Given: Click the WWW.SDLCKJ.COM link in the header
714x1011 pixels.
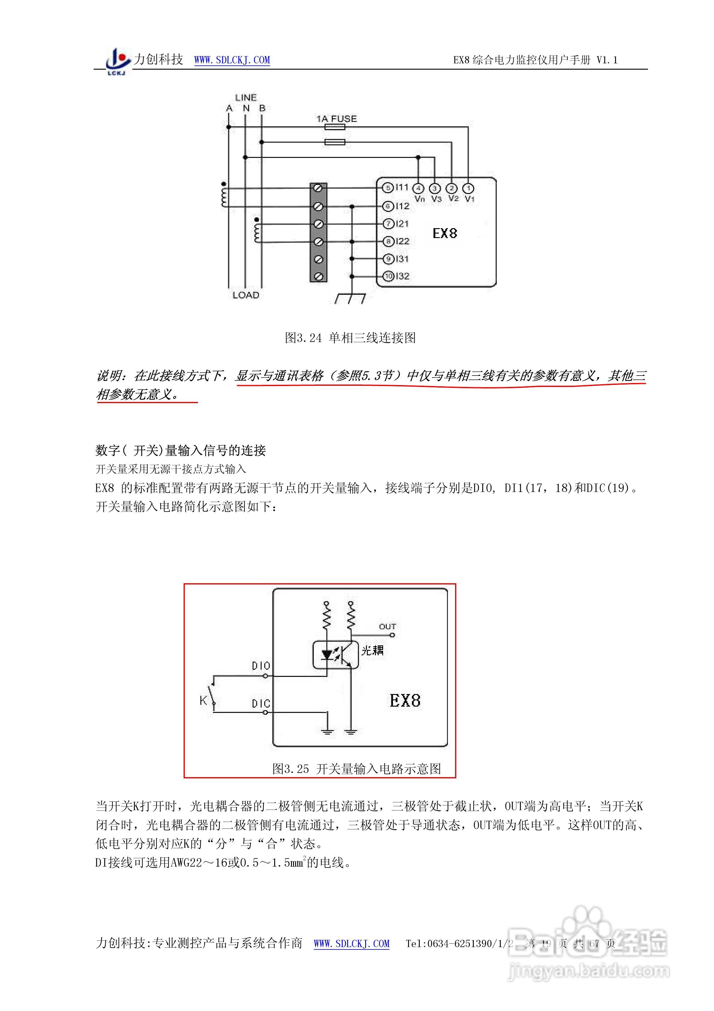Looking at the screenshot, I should [x=232, y=60].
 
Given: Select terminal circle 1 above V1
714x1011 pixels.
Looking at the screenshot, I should [x=468, y=189].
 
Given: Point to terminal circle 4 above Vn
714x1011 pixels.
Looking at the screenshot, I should [x=418, y=189].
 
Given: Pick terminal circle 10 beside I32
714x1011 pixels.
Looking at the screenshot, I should [x=388, y=276].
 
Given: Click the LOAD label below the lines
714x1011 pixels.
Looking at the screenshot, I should [x=246, y=295].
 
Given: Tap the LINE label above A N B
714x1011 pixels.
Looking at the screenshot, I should [x=246, y=97].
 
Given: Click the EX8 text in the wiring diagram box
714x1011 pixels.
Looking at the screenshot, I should [x=445, y=233].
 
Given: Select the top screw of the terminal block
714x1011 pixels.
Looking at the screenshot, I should [x=319, y=189].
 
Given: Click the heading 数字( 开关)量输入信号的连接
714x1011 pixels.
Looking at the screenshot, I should [x=181, y=450].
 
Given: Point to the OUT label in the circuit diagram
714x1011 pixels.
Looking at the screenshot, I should [x=387, y=626].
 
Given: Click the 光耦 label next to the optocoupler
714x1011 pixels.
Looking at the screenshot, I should [x=372, y=650].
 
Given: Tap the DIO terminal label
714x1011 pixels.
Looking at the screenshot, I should [x=261, y=666].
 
